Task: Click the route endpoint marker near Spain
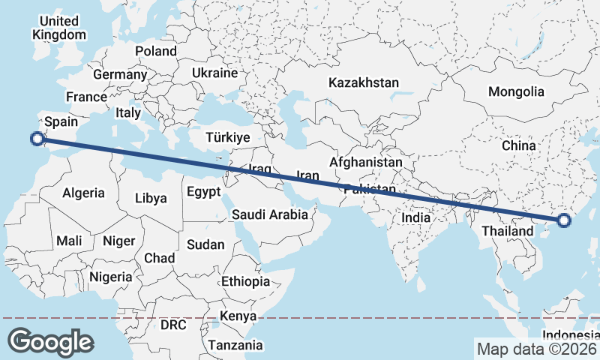(x=37, y=138)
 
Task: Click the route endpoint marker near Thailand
(x=564, y=220)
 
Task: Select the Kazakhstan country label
(x=364, y=82)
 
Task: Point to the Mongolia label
(x=516, y=92)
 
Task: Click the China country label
(x=518, y=145)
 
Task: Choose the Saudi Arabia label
(x=270, y=214)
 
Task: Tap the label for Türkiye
(x=227, y=138)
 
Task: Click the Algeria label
(x=83, y=193)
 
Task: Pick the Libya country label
(x=151, y=199)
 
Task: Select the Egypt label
(x=203, y=191)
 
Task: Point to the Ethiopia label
(x=245, y=281)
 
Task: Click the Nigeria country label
(x=111, y=277)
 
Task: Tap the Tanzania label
(x=236, y=345)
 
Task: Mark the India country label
(x=416, y=217)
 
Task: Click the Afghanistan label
(x=366, y=162)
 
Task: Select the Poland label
(x=156, y=51)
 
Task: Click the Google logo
(x=50, y=342)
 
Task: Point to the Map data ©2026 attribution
(x=536, y=349)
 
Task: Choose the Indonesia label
(x=571, y=334)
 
